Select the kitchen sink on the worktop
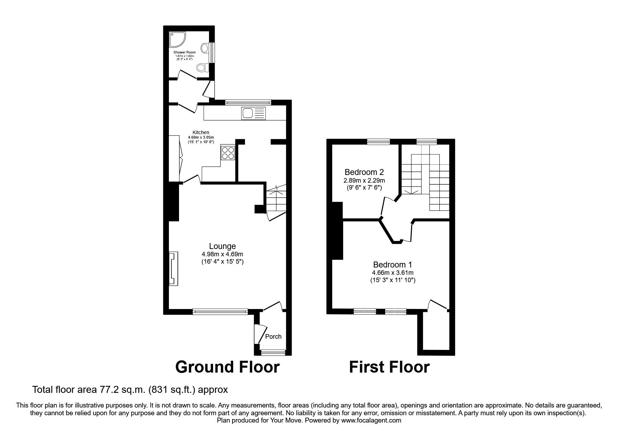(248, 113)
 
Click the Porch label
(273, 337)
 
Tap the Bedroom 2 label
(364, 172)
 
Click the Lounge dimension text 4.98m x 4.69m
(222, 254)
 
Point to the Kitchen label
(201, 132)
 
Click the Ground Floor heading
(227, 367)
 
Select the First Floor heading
(389, 367)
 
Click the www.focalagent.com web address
(371, 420)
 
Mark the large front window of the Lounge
(220, 310)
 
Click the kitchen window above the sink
(248, 102)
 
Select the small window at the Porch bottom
(273, 353)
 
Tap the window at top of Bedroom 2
(378, 141)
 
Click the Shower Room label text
(185, 52)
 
